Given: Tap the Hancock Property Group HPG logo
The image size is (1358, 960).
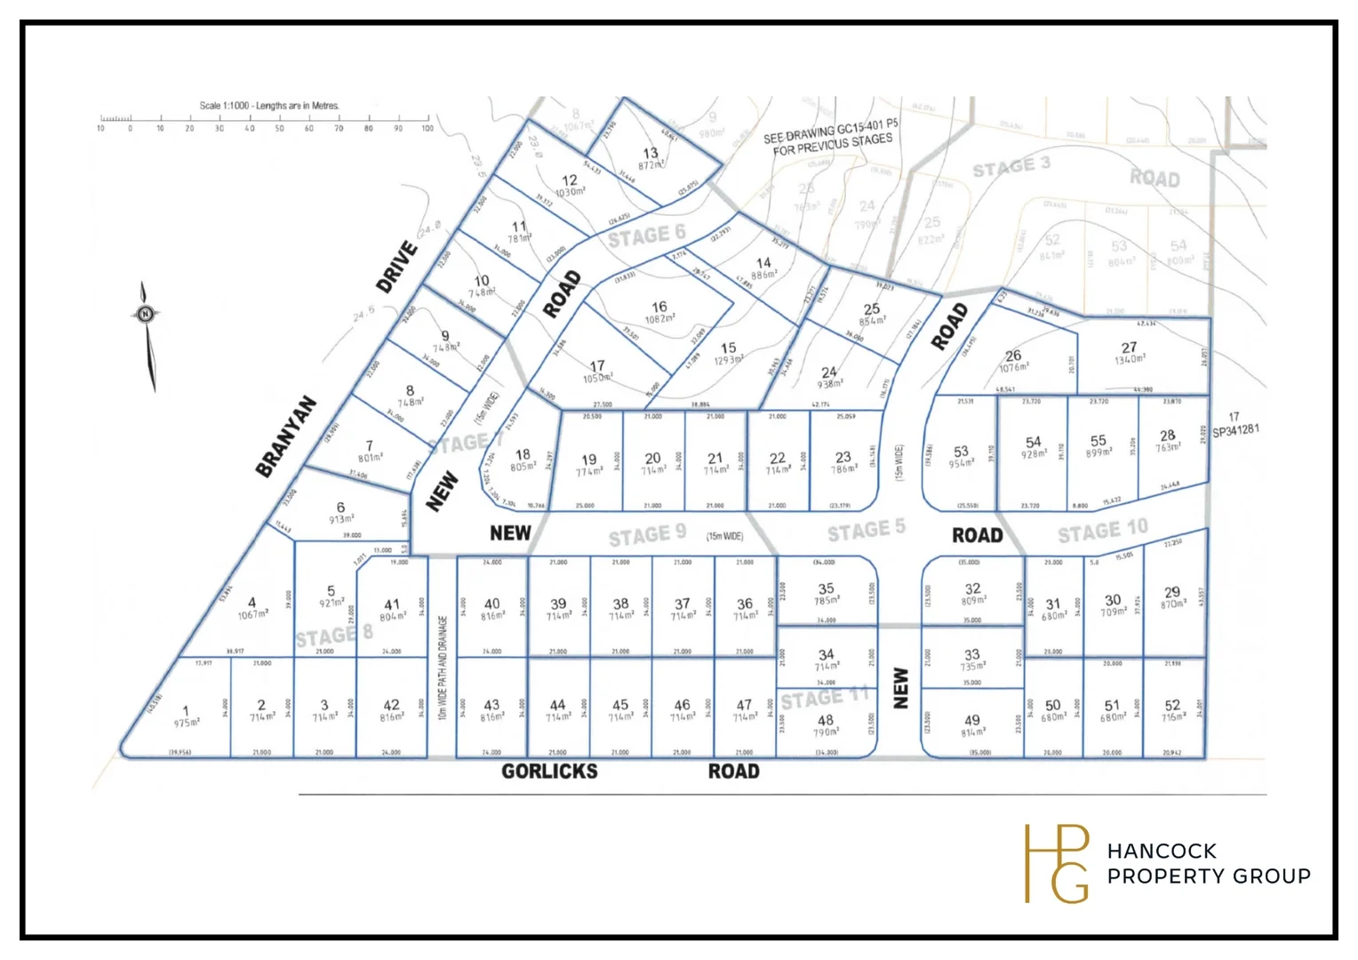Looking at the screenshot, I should [x=1057, y=863].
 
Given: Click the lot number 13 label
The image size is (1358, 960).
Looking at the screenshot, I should [x=651, y=157].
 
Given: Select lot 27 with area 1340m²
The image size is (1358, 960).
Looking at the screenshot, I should [x=1129, y=353].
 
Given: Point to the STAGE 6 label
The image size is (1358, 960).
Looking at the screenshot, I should [x=646, y=236].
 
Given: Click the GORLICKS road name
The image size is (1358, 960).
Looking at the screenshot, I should [x=549, y=772].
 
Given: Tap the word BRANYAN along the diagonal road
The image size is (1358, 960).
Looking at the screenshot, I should [x=286, y=436].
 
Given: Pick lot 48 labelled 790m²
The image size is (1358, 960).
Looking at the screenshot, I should [x=826, y=725].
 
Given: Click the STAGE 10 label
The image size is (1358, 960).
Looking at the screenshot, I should [x=1102, y=531].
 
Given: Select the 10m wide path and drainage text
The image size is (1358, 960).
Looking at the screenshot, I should [x=443, y=668].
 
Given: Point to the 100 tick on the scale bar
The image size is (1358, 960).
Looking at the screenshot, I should [x=427, y=128].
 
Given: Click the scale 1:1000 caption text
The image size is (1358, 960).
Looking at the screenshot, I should [x=269, y=105].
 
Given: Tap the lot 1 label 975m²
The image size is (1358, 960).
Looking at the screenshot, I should [x=187, y=716].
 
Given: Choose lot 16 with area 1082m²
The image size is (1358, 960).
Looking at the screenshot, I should [x=659, y=311].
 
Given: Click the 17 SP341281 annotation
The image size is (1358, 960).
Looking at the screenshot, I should [x=1235, y=424].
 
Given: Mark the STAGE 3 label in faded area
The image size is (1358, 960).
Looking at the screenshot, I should [x=1011, y=167].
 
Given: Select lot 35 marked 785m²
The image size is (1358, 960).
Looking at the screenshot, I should [x=827, y=593].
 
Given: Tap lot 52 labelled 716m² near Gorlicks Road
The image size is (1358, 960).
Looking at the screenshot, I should [x=1172, y=710].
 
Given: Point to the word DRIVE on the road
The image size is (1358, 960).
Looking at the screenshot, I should [x=396, y=267].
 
